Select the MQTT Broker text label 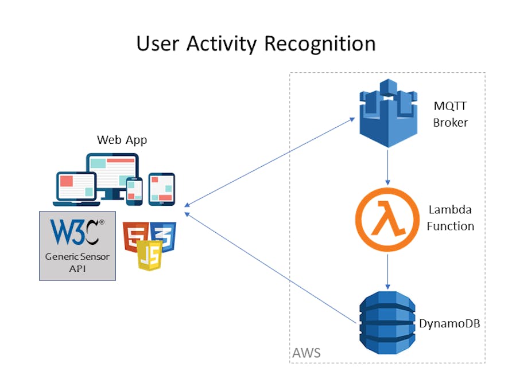tap(451, 115)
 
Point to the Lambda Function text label tap(451, 218)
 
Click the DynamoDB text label tap(449, 323)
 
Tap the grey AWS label tap(307, 353)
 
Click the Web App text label tap(122, 139)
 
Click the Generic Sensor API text tap(77, 263)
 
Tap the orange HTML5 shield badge tap(134, 234)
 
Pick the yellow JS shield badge tap(149, 256)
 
